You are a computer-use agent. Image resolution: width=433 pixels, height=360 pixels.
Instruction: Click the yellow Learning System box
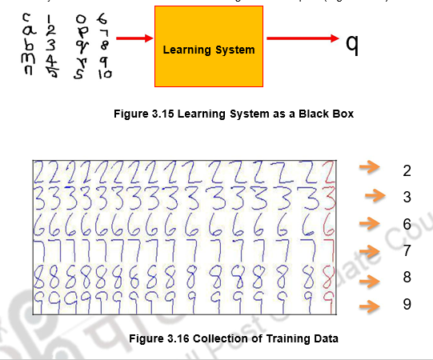[x=208, y=50]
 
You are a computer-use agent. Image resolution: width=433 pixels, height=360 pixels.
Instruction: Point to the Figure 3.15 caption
[x=235, y=114]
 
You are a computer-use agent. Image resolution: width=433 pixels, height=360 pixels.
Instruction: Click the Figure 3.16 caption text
[x=234, y=338]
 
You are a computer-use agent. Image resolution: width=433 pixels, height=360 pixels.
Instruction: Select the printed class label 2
[x=407, y=170]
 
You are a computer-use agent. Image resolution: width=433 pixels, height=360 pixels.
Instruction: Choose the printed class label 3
[x=407, y=197]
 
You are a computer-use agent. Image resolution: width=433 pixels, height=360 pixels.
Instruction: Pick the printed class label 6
[x=407, y=225]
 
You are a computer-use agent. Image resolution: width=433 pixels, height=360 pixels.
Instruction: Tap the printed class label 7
[x=407, y=251]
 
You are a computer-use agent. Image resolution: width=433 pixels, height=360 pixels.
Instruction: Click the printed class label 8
[x=407, y=278]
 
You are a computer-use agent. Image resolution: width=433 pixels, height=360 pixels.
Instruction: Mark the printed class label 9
[x=407, y=306]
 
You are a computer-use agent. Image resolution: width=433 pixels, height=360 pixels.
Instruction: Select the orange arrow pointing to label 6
[x=368, y=222]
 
